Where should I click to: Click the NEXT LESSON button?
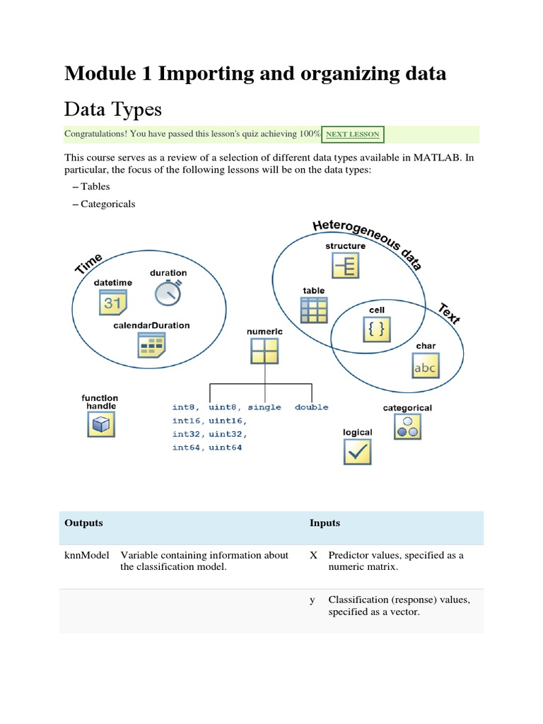point(353,134)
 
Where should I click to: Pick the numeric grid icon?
point(264,351)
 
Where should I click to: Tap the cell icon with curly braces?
point(375,329)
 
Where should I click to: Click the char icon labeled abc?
point(426,366)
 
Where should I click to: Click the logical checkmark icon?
point(357,451)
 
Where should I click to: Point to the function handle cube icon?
point(100,424)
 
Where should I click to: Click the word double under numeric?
point(311,407)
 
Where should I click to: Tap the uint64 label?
point(225,448)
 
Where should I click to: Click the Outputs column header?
point(83,523)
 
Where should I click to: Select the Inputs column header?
point(325,523)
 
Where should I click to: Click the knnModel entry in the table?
point(86,555)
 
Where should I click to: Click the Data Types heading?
point(113,109)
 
